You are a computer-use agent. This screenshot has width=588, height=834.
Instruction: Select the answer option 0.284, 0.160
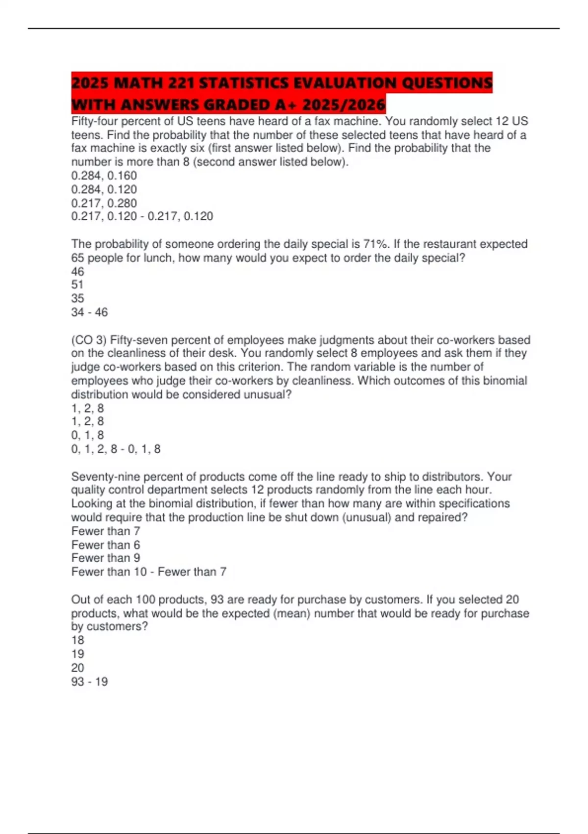tap(104, 176)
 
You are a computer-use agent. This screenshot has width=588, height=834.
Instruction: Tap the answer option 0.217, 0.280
tap(104, 203)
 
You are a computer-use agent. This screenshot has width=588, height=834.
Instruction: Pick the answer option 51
tap(77, 285)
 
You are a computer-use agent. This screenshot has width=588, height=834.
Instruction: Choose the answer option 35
tap(77, 298)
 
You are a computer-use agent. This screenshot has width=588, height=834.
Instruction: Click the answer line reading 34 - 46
tap(89, 312)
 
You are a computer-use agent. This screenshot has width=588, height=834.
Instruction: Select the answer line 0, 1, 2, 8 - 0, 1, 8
tap(116, 449)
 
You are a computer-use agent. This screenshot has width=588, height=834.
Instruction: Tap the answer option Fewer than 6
tap(105, 545)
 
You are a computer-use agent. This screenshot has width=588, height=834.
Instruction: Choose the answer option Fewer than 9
tap(105, 558)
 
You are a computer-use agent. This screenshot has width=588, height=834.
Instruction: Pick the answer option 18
tap(77, 640)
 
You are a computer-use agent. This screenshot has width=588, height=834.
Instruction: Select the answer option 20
tap(77, 668)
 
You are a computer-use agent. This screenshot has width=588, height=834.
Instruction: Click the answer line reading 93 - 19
tap(89, 681)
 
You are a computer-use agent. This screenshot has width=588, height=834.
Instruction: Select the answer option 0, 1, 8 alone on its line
tap(87, 435)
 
